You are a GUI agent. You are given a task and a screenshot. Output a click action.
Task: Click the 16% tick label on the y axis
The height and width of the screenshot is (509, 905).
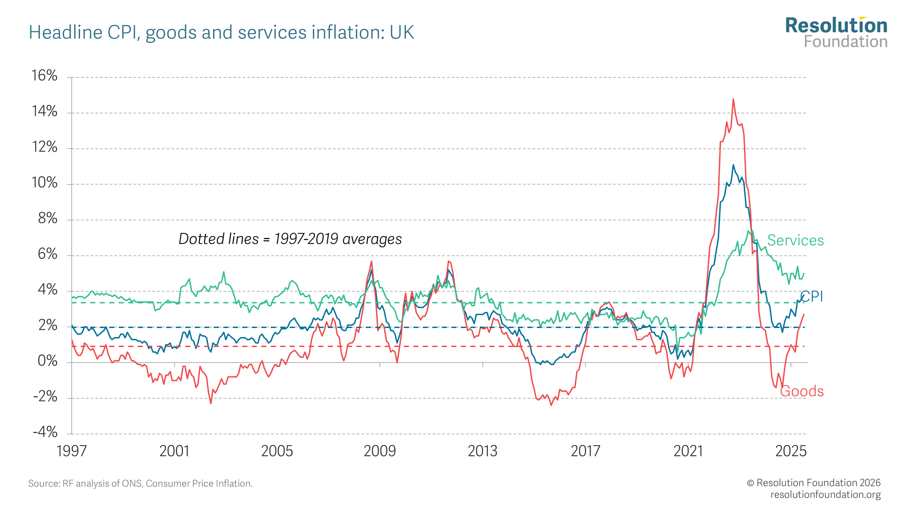pos(44,76)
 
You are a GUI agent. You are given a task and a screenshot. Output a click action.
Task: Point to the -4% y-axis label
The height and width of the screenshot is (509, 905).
pos(45,432)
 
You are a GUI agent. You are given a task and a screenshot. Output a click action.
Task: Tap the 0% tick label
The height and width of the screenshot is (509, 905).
pos(48,361)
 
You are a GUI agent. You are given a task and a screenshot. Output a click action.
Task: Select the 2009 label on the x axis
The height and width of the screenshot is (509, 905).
pos(380,451)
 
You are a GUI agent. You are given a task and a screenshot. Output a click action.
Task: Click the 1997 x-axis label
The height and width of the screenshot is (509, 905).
pos(71,451)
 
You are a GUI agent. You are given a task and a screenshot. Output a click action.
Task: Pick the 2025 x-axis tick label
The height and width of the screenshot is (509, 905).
pos(791,451)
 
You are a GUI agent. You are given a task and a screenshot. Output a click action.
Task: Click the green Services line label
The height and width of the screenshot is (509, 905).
pos(795,240)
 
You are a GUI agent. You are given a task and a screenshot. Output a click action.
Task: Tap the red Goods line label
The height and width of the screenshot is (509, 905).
pos(802,391)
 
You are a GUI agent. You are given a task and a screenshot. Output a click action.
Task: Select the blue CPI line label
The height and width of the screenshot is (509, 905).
pos(812,297)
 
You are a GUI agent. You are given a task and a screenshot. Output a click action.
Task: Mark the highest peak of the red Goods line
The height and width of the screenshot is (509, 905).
pos(733,99)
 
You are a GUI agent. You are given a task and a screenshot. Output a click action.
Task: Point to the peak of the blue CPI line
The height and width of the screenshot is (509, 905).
pos(733,165)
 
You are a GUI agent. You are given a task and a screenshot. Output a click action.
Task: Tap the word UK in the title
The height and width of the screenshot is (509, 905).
pos(402,33)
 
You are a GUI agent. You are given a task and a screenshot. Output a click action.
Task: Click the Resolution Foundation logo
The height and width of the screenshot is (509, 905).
pos(836,33)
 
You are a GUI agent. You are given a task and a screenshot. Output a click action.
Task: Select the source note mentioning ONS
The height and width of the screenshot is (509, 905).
pos(140,484)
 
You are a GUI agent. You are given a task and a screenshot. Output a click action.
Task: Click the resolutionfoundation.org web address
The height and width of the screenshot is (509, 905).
pos(825,495)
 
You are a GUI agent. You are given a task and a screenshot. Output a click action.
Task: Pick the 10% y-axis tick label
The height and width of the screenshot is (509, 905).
pos(44,183)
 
